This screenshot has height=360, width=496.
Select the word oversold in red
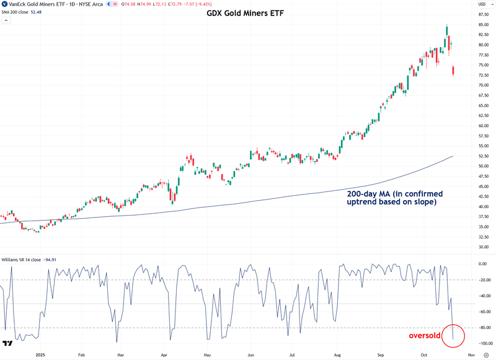pos(424,335)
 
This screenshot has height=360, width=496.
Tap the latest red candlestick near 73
pos(454,71)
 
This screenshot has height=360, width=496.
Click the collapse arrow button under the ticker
pos(5,20)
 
